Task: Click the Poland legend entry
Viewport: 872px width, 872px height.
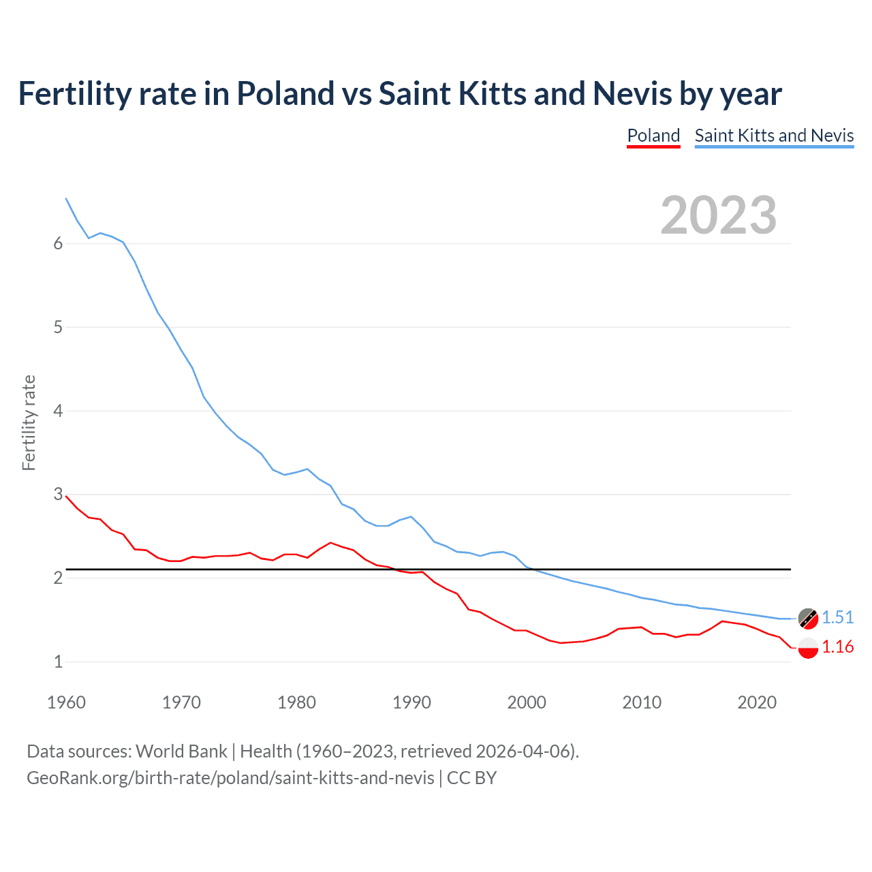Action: click(x=653, y=136)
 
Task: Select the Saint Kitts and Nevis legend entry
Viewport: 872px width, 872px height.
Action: click(x=774, y=136)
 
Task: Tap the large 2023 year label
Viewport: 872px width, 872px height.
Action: click(x=719, y=215)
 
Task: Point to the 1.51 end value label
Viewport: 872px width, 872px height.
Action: click(x=837, y=617)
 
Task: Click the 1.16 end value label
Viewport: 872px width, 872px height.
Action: click(x=837, y=647)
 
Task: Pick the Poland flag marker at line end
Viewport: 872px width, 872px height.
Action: click(x=808, y=648)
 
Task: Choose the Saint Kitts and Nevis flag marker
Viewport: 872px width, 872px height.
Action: click(x=808, y=618)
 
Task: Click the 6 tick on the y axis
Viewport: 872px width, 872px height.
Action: click(x=58, y=244)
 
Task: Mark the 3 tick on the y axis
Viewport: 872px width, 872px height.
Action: click(x=58, y=495)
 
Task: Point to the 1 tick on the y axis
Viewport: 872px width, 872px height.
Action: click(x=58, y=661)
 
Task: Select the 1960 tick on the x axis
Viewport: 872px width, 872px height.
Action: click(x=66, y=702)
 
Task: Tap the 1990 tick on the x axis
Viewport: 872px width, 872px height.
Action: click(x=411, y=702)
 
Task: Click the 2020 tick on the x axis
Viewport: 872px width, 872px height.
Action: click(x=757, y=702)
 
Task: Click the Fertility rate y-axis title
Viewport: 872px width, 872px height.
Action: click(x=29, y=422)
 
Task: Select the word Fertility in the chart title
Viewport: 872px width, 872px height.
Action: click(x=74, y=93)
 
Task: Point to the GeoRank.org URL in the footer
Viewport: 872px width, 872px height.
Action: click(x=230, y=778)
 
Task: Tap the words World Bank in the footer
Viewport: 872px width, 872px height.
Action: click(x=181, y=751)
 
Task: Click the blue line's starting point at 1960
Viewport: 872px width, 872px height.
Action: click(x=66, y=198)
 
